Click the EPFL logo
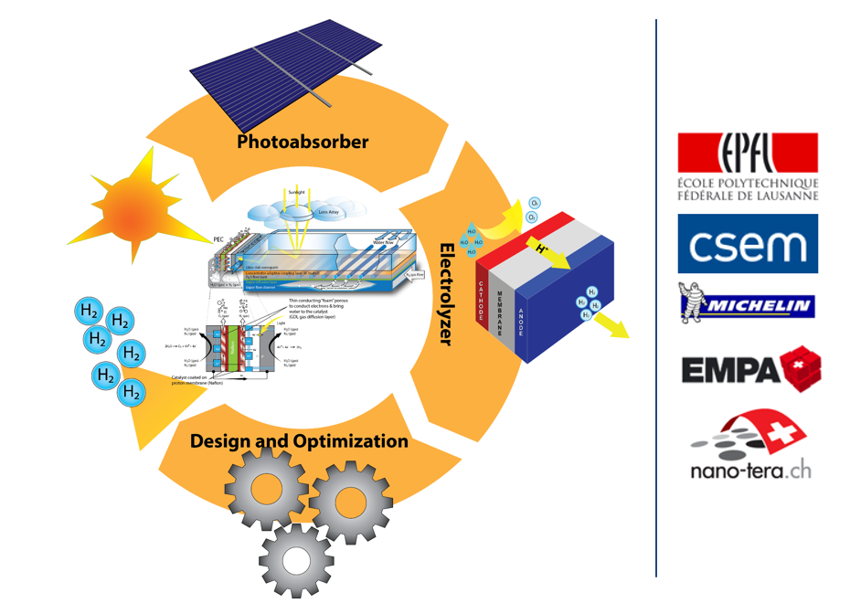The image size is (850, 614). [x=748, y=166]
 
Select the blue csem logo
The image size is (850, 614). [x=748, y=243]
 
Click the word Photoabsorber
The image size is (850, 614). [x=303, y=142]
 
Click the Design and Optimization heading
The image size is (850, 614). [x=299, y=441]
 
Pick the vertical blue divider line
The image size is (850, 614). [x=656, y=297]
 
